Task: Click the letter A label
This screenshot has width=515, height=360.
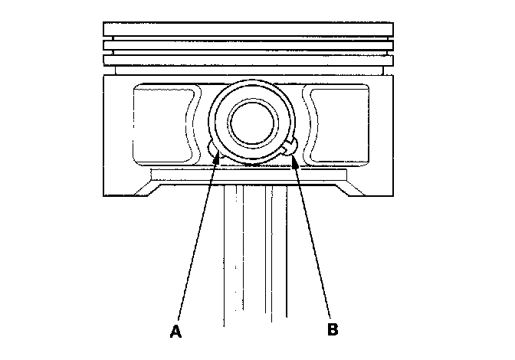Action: [176, 331]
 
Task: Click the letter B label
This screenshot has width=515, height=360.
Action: [333, 330]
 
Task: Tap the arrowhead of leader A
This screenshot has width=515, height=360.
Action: [220, 153]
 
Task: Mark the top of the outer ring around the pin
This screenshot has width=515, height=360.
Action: [251, 81]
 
